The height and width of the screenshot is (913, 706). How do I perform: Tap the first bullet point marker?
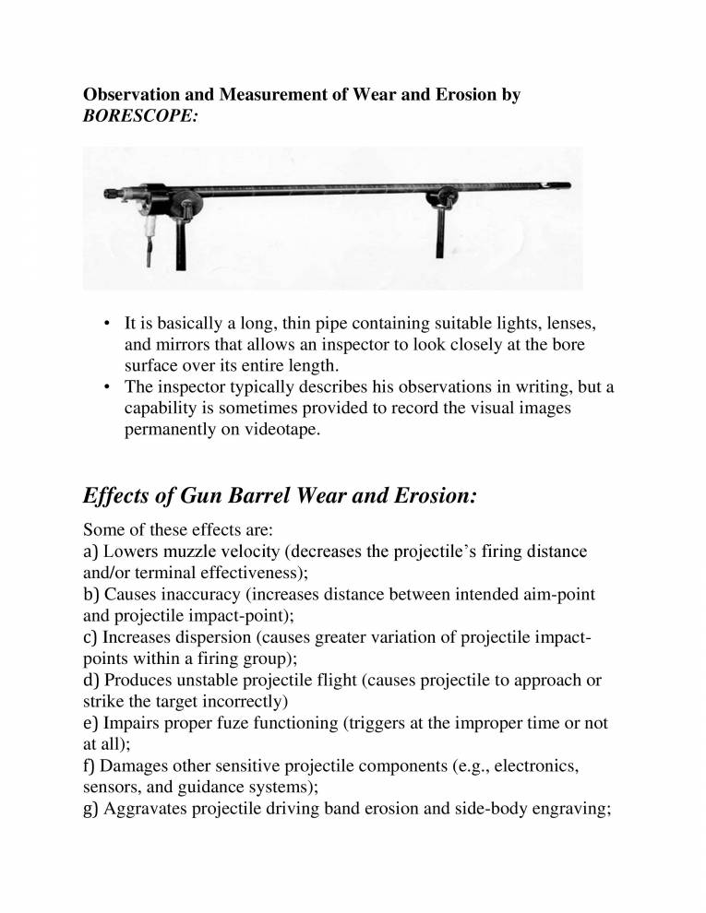point(107,324)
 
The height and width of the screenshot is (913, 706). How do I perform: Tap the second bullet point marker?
point(107,387)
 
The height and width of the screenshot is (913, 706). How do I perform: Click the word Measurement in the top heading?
point(250,95)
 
